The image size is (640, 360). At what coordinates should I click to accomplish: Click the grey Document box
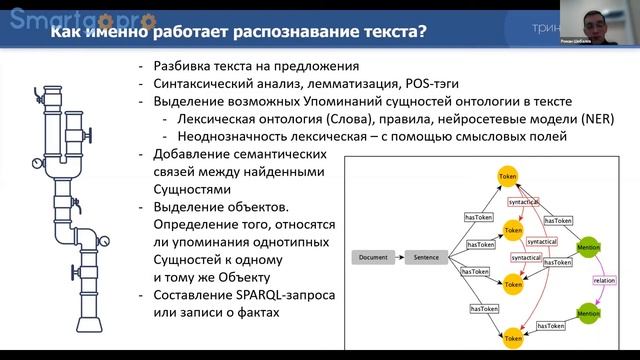click(372, 257)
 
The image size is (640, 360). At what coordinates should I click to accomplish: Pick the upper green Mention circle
click(588, 245)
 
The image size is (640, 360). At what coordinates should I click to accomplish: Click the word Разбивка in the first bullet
click(182, 65)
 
